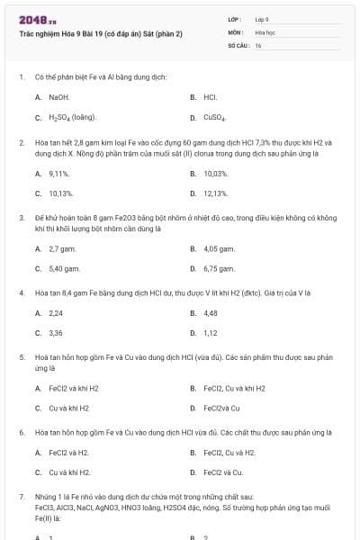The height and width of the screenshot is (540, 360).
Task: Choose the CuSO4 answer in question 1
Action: coord(214,117)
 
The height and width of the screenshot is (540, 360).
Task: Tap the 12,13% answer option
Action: coord(215,193)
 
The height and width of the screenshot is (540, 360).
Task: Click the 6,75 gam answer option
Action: coord(219,268)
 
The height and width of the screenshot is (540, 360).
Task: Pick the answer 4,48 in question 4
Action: coord(211,313)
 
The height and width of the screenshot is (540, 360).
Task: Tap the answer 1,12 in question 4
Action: coord(211,333)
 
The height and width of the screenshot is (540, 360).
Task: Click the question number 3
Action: coord(21,218)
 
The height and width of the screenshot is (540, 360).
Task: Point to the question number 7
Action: coord(21,497)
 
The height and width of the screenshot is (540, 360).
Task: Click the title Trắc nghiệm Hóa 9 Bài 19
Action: coord(101,33)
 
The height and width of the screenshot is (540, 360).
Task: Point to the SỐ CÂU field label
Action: coord(238,45)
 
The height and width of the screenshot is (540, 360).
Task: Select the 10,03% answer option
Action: coord(215,173)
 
